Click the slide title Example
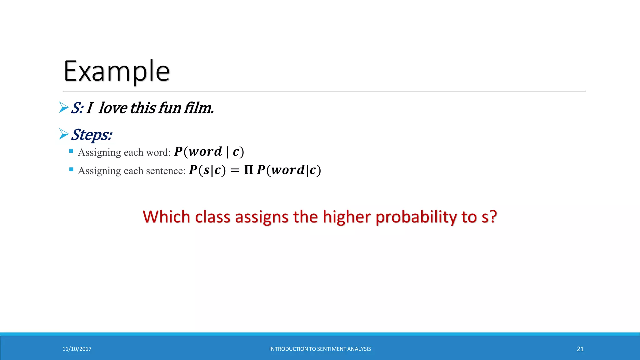117,71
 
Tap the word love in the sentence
113,108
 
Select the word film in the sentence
199,108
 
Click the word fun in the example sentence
170,108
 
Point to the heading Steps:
91,135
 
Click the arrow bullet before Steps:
64,134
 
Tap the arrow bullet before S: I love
64,107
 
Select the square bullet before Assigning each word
71,151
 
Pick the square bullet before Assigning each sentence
71,170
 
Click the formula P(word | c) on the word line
209,152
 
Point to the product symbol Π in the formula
249,170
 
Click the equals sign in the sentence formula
235,171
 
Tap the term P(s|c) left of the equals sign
207,170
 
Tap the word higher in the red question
347,217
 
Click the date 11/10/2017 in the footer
77,349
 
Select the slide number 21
580,349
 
